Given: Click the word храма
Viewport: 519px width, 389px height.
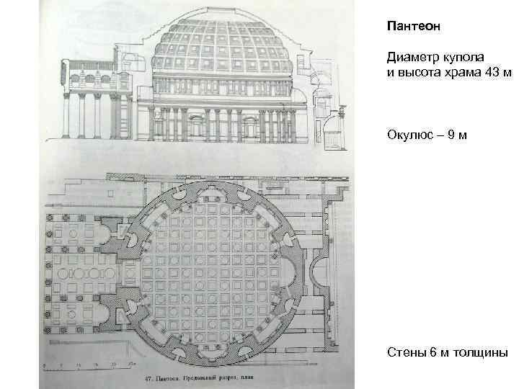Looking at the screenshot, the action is tap(460, 71).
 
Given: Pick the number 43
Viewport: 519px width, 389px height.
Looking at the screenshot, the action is tap(489, 71).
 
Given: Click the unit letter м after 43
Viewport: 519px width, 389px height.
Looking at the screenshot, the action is tap(506, 71).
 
